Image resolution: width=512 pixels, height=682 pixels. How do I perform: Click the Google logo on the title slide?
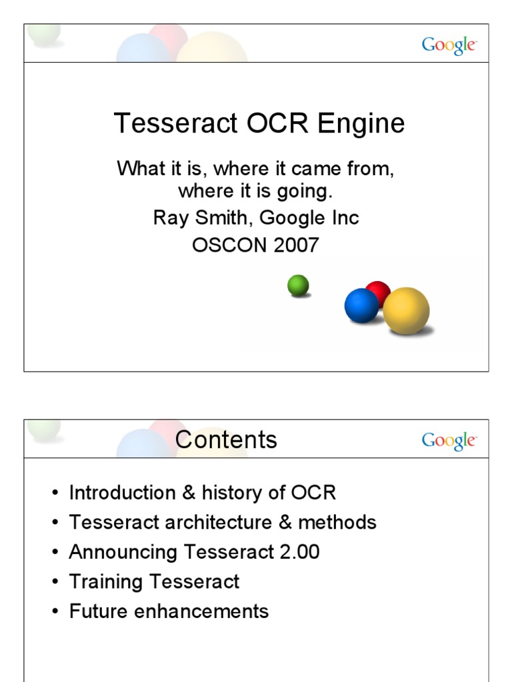click(x=449, y=45)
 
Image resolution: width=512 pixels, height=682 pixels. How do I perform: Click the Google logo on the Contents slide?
click(x=449, y=440)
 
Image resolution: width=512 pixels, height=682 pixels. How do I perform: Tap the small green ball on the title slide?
click(x=298, y=286)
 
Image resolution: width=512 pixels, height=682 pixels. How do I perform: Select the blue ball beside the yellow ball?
click(x=361, y=306)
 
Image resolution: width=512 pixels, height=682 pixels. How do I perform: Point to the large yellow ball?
click(x=406, y=310)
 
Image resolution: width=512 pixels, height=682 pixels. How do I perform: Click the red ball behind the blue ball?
click(x=379, y=291)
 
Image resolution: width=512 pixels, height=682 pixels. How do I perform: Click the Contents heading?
click(x=226, y=440)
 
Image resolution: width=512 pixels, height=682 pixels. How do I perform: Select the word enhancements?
click(x=203, y=611)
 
